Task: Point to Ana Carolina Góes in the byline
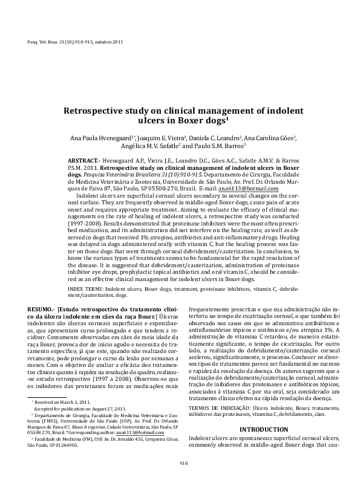[x=270, y=138]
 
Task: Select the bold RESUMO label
[x=42, y=309]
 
